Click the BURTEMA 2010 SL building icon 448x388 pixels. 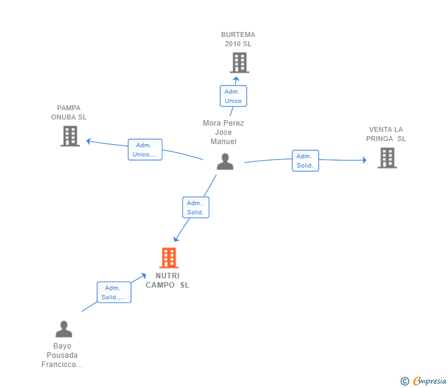click(239, 63)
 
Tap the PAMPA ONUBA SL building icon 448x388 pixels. click(70, 136)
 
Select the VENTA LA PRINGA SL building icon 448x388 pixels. click(387, 158)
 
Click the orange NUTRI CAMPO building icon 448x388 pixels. click(169, 257)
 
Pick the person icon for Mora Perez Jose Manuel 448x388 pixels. click(225, 161)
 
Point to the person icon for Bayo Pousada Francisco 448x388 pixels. click(64, 329)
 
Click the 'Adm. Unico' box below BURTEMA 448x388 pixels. click(233, 96)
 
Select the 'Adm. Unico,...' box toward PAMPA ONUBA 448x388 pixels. click(145, 150)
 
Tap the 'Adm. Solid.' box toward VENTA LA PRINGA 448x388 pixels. click(305, 161)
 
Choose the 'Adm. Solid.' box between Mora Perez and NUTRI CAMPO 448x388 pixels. click(196, 208)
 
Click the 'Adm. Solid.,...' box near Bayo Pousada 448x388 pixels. click(114, 292)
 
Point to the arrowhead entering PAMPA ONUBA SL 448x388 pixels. click(89, 141)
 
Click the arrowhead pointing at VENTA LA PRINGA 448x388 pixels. click(364, 160)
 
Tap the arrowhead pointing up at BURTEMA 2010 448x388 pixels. click(236, 79)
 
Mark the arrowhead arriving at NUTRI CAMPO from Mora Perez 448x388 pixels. click(176, 238)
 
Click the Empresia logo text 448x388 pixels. click(430, 381)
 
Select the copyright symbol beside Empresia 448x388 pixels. click(404, 381)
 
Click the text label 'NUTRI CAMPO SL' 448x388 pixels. click(167, 280)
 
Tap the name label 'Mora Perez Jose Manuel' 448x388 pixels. click(223, 132)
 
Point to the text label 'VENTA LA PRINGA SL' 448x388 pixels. click(386, 134)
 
